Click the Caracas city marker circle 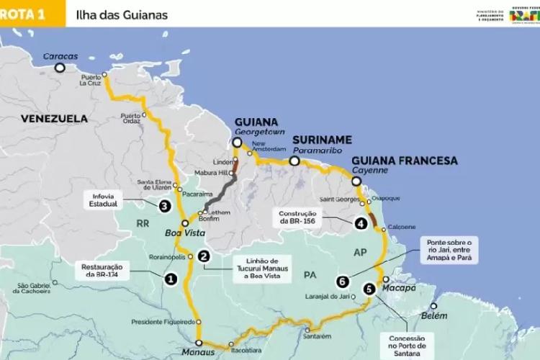[x=60, y=68]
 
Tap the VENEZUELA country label [x=54, y=118]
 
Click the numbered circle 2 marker [x=204, y=256]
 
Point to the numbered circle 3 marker [x=165, y=206]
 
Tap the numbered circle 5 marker [x=369, y=289]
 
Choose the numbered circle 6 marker [x=342, y=281]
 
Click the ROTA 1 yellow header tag [x=25, y=13]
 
